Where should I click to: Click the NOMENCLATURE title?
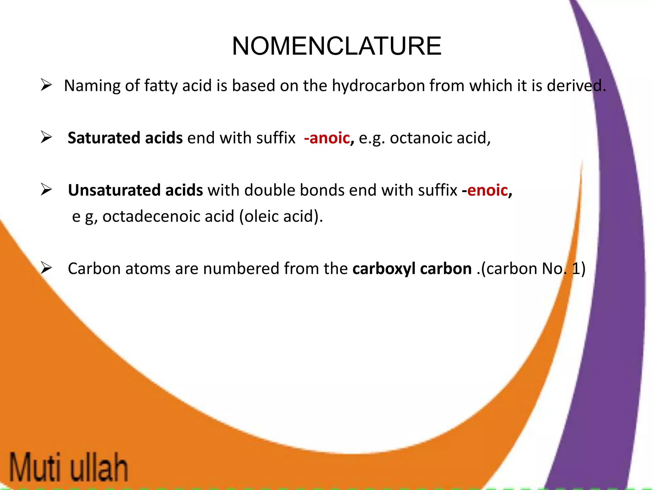tap(336, 46)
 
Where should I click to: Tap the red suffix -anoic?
tap(327, 138)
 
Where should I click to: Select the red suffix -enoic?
tap(485, 190)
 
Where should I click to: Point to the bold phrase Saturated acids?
tap(125, 138)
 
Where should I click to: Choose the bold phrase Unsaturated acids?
tap(135, 190)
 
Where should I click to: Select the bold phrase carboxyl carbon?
tap(412, 269)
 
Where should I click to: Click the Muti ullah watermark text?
tap(68, 467)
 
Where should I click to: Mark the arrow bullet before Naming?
tap(46, 85)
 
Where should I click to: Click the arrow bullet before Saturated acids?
tap(46, 137)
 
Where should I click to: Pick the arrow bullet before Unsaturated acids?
tap(46, 190)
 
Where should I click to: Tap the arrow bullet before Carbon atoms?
tap(46, 268)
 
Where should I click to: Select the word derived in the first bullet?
tap(576, 86)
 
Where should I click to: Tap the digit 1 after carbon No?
tap(576, 269)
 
